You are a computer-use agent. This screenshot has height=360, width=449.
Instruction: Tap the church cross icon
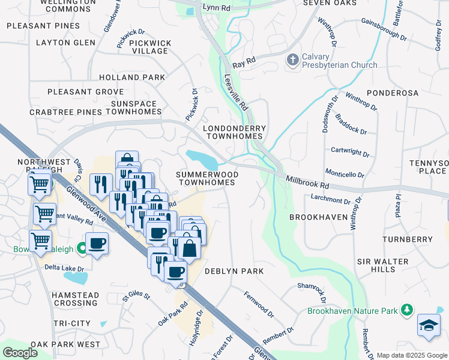point(292,60)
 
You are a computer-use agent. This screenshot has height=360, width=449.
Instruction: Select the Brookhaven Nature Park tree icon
point(407,310)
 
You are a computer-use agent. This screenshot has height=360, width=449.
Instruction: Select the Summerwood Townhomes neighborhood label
point(206,178)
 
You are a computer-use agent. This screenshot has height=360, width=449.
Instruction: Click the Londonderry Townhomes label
point(234,133)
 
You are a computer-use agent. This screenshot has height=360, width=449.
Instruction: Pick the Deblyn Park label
point(234,271)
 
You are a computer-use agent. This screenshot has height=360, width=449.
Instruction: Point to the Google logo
point(20,353)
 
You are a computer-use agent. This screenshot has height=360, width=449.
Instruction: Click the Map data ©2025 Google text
point(412,355)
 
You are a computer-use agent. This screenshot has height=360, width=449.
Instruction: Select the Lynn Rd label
point(217,8)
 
